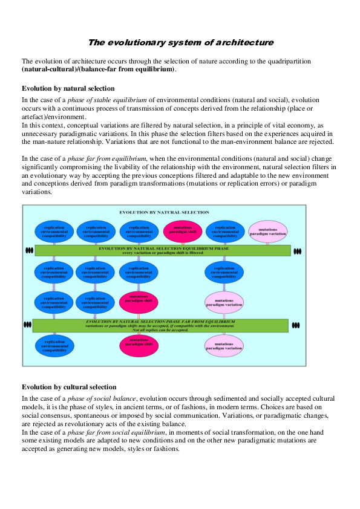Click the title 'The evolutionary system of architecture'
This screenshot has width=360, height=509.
pyautogui.click(x=180, y=42)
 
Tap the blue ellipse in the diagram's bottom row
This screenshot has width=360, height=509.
pyautogui.click(x=54, y=345)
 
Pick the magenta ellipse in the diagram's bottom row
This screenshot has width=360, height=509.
pyautogui.click(x=139, y=345)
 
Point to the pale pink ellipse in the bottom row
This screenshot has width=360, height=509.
pyautogui.click(x=224, y=345)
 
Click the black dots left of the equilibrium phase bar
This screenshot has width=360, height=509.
pyautogui.click(x=28, y=250)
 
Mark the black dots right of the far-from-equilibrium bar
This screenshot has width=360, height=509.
pyautogui.click(x=295, y=325)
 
